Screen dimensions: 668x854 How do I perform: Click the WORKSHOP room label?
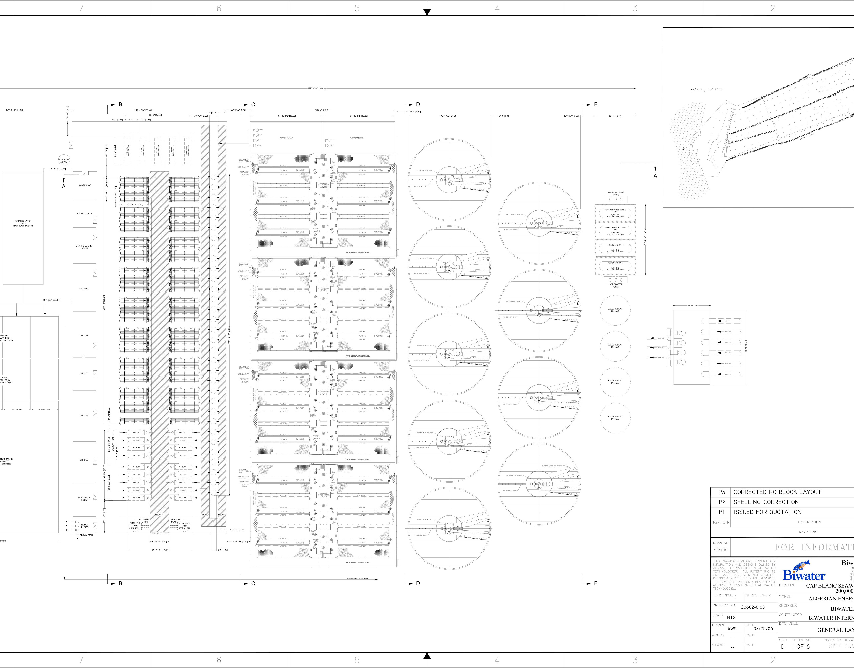coord(85,185)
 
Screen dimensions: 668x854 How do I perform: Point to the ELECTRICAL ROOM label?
coord(84,499)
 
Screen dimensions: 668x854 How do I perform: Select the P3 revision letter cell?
coord(722,492)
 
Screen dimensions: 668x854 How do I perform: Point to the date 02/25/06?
coord(763,629)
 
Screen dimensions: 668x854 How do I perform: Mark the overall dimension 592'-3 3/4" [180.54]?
coord(317,88)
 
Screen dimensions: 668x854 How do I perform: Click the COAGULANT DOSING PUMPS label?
coord(616,193)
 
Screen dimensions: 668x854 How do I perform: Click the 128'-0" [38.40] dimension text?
coord(322,110)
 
